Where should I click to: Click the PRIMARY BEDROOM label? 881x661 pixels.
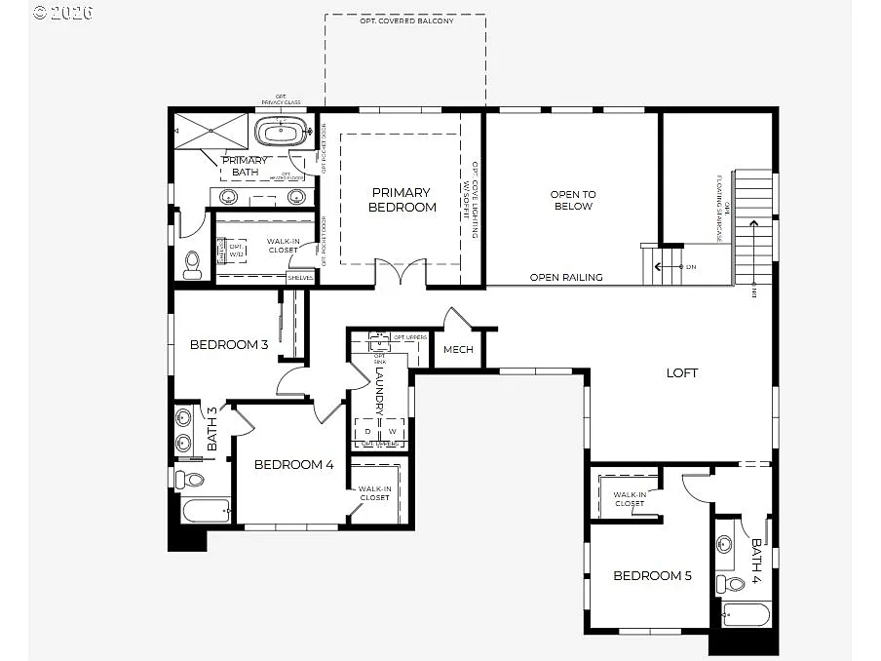(x=402, y=200)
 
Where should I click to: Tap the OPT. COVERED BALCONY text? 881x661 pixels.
(x=406, y=21)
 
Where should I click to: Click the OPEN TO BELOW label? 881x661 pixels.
(x=573, y=200)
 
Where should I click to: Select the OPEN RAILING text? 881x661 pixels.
(x=566, y=278)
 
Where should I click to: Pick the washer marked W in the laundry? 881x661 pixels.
(x=393, y=430)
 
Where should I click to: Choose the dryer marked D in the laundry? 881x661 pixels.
(x=367, y=430)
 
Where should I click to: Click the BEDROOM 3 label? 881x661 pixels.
(x=229, y=344)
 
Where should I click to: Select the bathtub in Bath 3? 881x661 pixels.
(x=206, y=511)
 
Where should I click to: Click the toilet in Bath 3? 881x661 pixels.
(x=192, y=479)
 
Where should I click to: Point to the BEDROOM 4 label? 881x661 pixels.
(x=293, y=465)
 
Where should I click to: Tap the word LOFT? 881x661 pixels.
(x=682, y=372)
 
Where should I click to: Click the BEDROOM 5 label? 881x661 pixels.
(x=652, y=576)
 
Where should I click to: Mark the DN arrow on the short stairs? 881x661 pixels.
(x=672, y=266)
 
